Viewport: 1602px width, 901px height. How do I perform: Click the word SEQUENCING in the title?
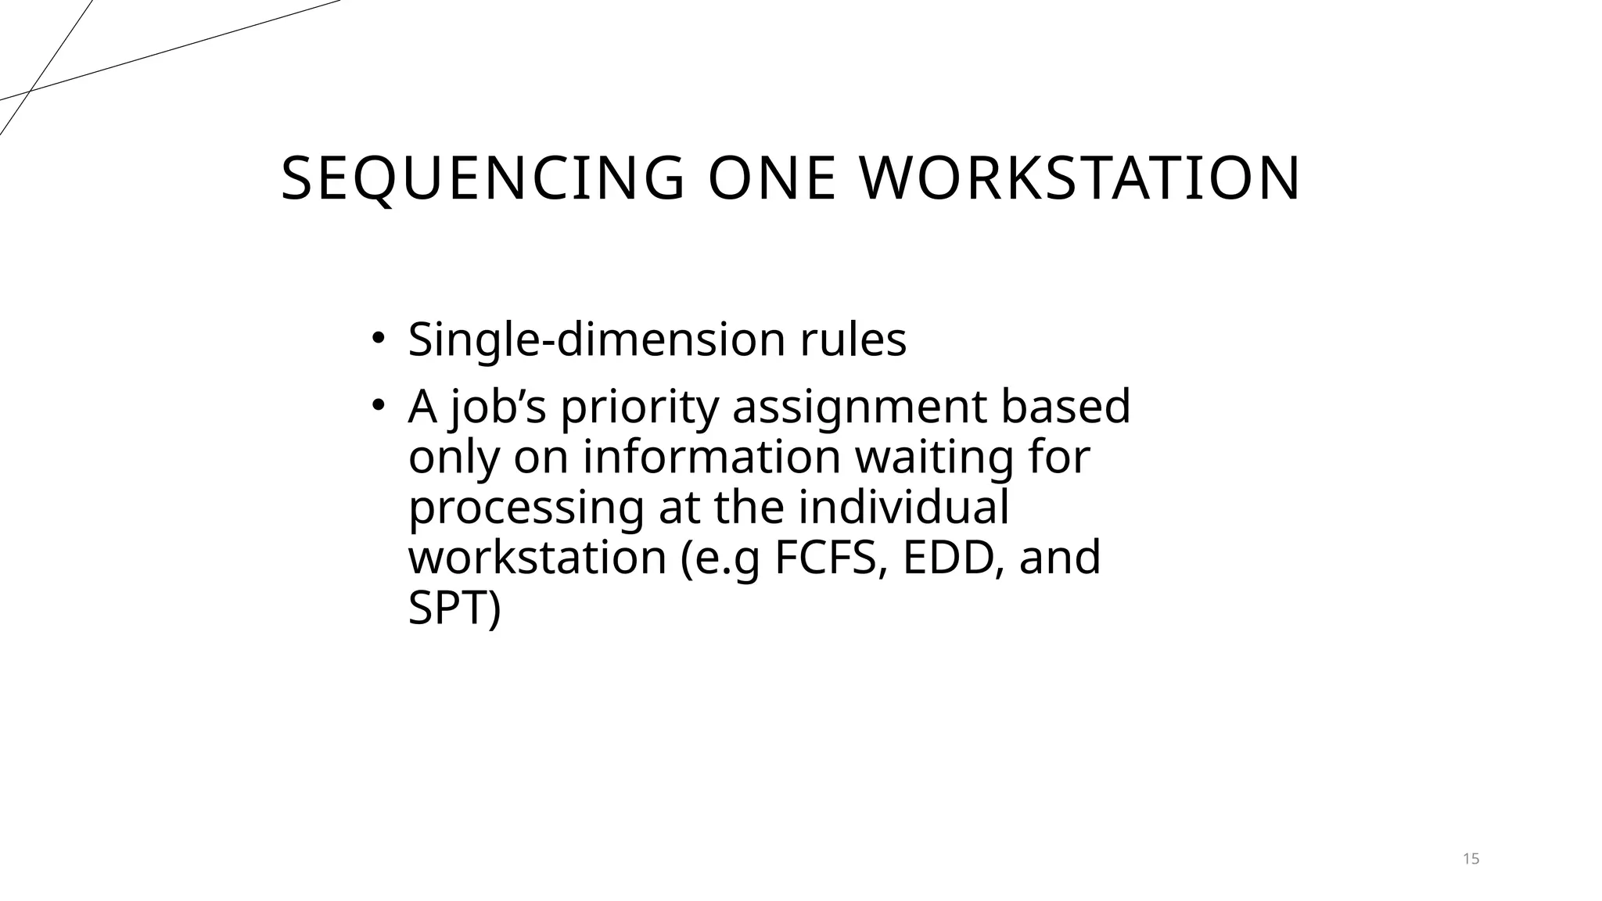[x=483, y=179]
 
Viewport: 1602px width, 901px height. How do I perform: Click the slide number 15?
[x=1471, y=859]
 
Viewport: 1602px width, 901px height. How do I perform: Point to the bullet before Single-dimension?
[x=378, y=339]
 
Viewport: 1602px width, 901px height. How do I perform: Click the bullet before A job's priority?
[x=378, y=406]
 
